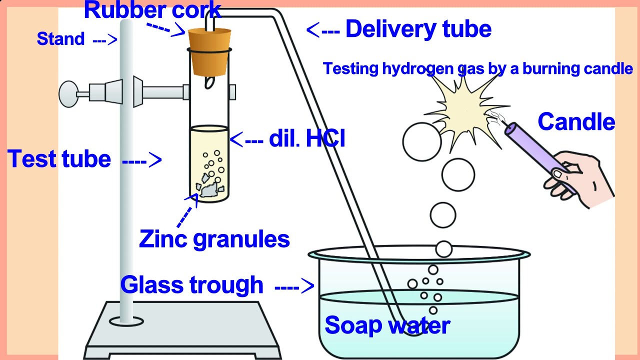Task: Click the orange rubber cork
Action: click(x=209, y=50)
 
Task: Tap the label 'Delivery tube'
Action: click(x=418, y=29)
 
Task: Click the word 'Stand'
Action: click(x=60, y=39)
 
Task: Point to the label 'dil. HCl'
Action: click(x=306, y=138)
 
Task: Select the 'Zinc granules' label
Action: click(x=214, y=238)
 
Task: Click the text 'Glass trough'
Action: click(x=191, y=285)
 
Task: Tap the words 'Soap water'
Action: click(x=387, y=325)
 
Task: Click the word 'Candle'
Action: click(x=576, y=121)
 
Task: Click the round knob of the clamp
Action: click(x=68, y=93)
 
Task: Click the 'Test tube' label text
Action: click(x=59, y=159)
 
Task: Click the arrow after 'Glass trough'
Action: click(x=294, y=286)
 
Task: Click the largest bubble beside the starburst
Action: click(x=422, y=142)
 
